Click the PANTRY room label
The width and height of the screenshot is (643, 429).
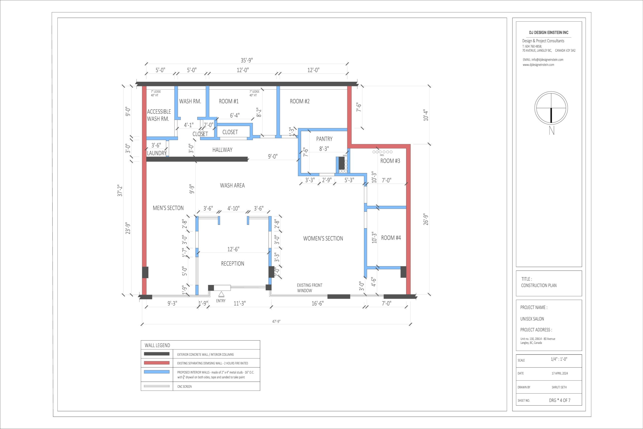[x=324, y=139]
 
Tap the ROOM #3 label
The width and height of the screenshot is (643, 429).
[x=390, y=161]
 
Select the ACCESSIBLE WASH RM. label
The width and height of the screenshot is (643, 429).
[x=158, y=115]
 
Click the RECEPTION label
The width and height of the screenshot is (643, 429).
[x=232, y=263]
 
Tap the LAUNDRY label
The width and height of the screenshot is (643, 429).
[x=157, y=153]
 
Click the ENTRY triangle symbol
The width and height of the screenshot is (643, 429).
[x=221, y=294]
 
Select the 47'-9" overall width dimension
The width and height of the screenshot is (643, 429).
[x=276, y=321]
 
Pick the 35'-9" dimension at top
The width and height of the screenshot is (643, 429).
[x=247, y=60]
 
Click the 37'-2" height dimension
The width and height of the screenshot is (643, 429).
[x=120, y=190]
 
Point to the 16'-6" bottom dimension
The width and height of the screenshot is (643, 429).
[x=317, y=303]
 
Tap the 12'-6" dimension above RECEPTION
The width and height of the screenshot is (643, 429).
[x=233, y=249]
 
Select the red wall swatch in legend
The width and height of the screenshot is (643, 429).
[x=157, y=363]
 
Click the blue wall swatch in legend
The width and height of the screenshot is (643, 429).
[x=157, y=372]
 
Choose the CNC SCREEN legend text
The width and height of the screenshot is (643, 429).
[x=184, y=387]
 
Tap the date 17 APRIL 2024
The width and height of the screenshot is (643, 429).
[x=560, y=373]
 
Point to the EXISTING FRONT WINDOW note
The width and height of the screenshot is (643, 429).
[x=309, y=288]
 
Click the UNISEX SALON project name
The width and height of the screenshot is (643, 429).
[x=532, y=319]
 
